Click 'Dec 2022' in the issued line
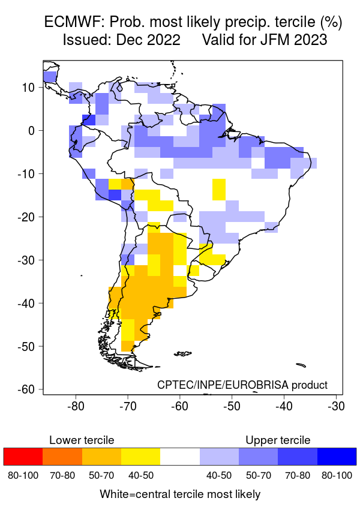coord(152,40)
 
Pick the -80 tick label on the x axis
coord(76,406)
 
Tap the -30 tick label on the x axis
coord(336,406)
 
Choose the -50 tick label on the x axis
coord(232,406)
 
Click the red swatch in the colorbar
coord(23,456)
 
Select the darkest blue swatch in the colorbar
coord(337,456)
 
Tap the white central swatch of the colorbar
coord(180,456)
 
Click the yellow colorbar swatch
coord(140,456)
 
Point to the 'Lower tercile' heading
coord(82,440)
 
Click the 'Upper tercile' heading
coord(278,440)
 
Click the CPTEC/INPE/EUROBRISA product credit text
coord(242,385)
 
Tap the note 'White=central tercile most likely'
coord(180,494)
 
